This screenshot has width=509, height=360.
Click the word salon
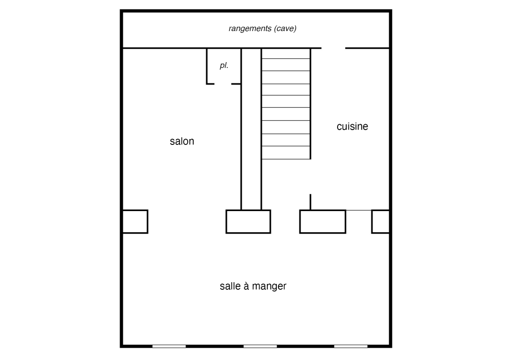click(182, 141)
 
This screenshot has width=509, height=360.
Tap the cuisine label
click(352, 126)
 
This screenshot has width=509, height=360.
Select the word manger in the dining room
click(269, 286)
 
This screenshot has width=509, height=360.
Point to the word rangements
click(250, 28)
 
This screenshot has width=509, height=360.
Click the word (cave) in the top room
click(285, 28)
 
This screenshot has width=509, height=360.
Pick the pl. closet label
click(224, 66)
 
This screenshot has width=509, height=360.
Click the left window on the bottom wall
click(169, 346)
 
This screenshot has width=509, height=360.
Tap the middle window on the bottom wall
click(260, 346)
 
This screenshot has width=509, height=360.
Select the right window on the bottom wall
click(351, 346)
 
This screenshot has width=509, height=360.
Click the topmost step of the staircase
click(286, 54)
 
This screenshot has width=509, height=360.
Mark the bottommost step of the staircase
click(286, 153)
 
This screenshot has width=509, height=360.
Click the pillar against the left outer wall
click(135, 222)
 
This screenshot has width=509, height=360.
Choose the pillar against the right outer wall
click(380, 222)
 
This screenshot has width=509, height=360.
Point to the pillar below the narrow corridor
click(248, 222)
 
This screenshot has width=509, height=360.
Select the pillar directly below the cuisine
click(323, 222)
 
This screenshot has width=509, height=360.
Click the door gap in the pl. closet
click(223, 84)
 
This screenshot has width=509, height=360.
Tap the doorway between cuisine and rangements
click(333, 48)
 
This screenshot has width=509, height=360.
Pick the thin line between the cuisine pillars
click(359, 210)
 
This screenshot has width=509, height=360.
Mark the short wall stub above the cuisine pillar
click(311, 202)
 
